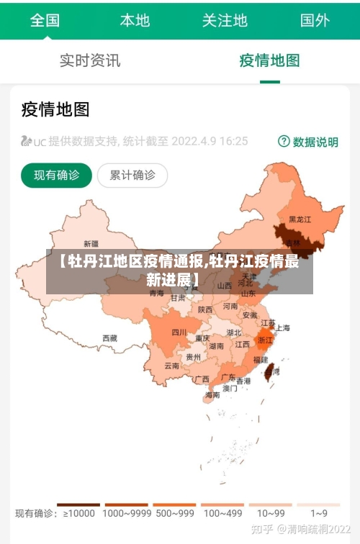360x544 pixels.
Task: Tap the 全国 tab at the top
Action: (x=45, y=20)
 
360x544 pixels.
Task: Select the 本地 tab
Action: (x=135, y=20)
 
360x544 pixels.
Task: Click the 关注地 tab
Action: (x=225, y=20)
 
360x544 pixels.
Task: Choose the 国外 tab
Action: (x=315, y=20)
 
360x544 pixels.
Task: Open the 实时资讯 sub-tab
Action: (x=90, y=60)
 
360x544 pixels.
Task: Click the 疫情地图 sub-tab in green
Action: (x=269, y=60)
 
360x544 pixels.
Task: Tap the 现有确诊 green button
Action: (x=57, y=175)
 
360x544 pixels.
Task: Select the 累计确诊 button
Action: (x=132, y=175)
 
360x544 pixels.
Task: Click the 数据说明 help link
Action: (x=309, y=142)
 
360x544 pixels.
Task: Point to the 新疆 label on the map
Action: (x=91, y=243)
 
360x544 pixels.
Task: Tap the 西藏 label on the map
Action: (x=109, y=337)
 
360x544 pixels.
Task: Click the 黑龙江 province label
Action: (x=300, y=219)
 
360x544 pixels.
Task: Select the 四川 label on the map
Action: (x=179, y=332)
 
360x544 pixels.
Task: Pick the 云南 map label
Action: (x=171, y=366)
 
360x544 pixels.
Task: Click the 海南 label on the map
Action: (x=212, y=395)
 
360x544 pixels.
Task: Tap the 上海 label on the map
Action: (x=282, y=328)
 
